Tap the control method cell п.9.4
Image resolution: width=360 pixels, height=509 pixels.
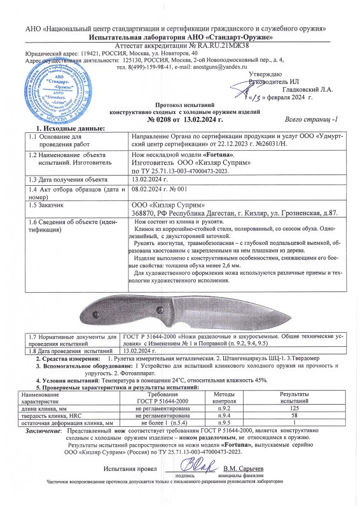click(x=223, y=416)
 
